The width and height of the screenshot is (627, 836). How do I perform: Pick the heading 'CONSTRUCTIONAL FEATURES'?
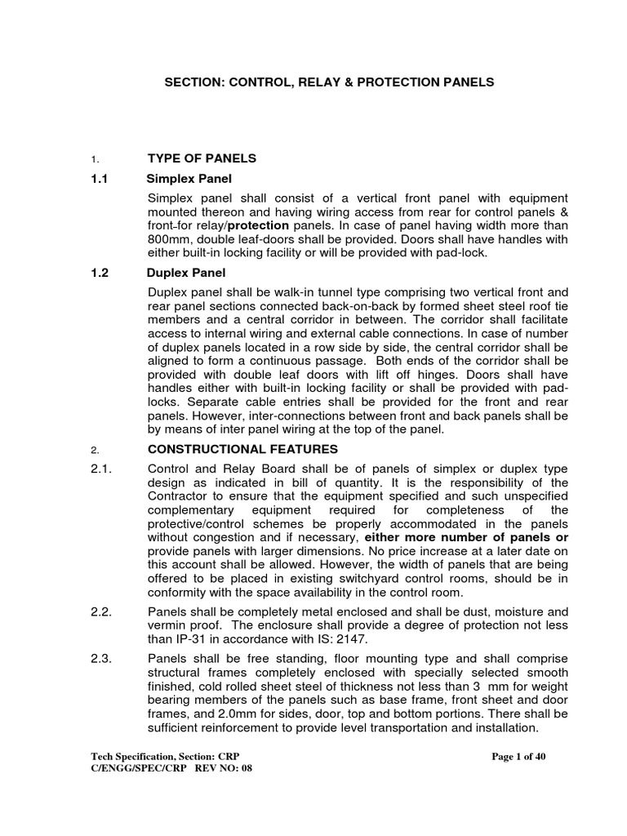click(242, 449)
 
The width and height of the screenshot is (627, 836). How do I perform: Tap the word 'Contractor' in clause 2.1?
click(179, 496)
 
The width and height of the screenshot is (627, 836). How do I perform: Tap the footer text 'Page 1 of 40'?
click(518, 757)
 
